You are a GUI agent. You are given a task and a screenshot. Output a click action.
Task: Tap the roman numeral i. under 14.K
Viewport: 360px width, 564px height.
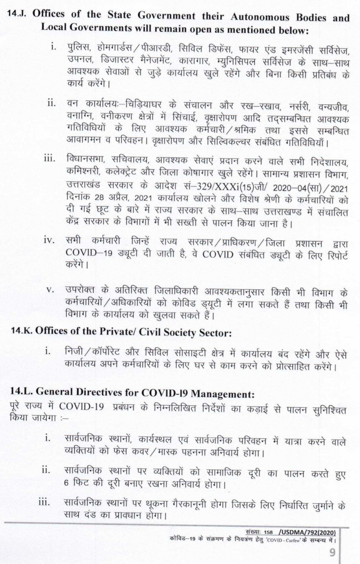click(48, 351)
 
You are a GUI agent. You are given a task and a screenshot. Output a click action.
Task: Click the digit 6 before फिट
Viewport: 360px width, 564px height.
click(66, 483)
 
